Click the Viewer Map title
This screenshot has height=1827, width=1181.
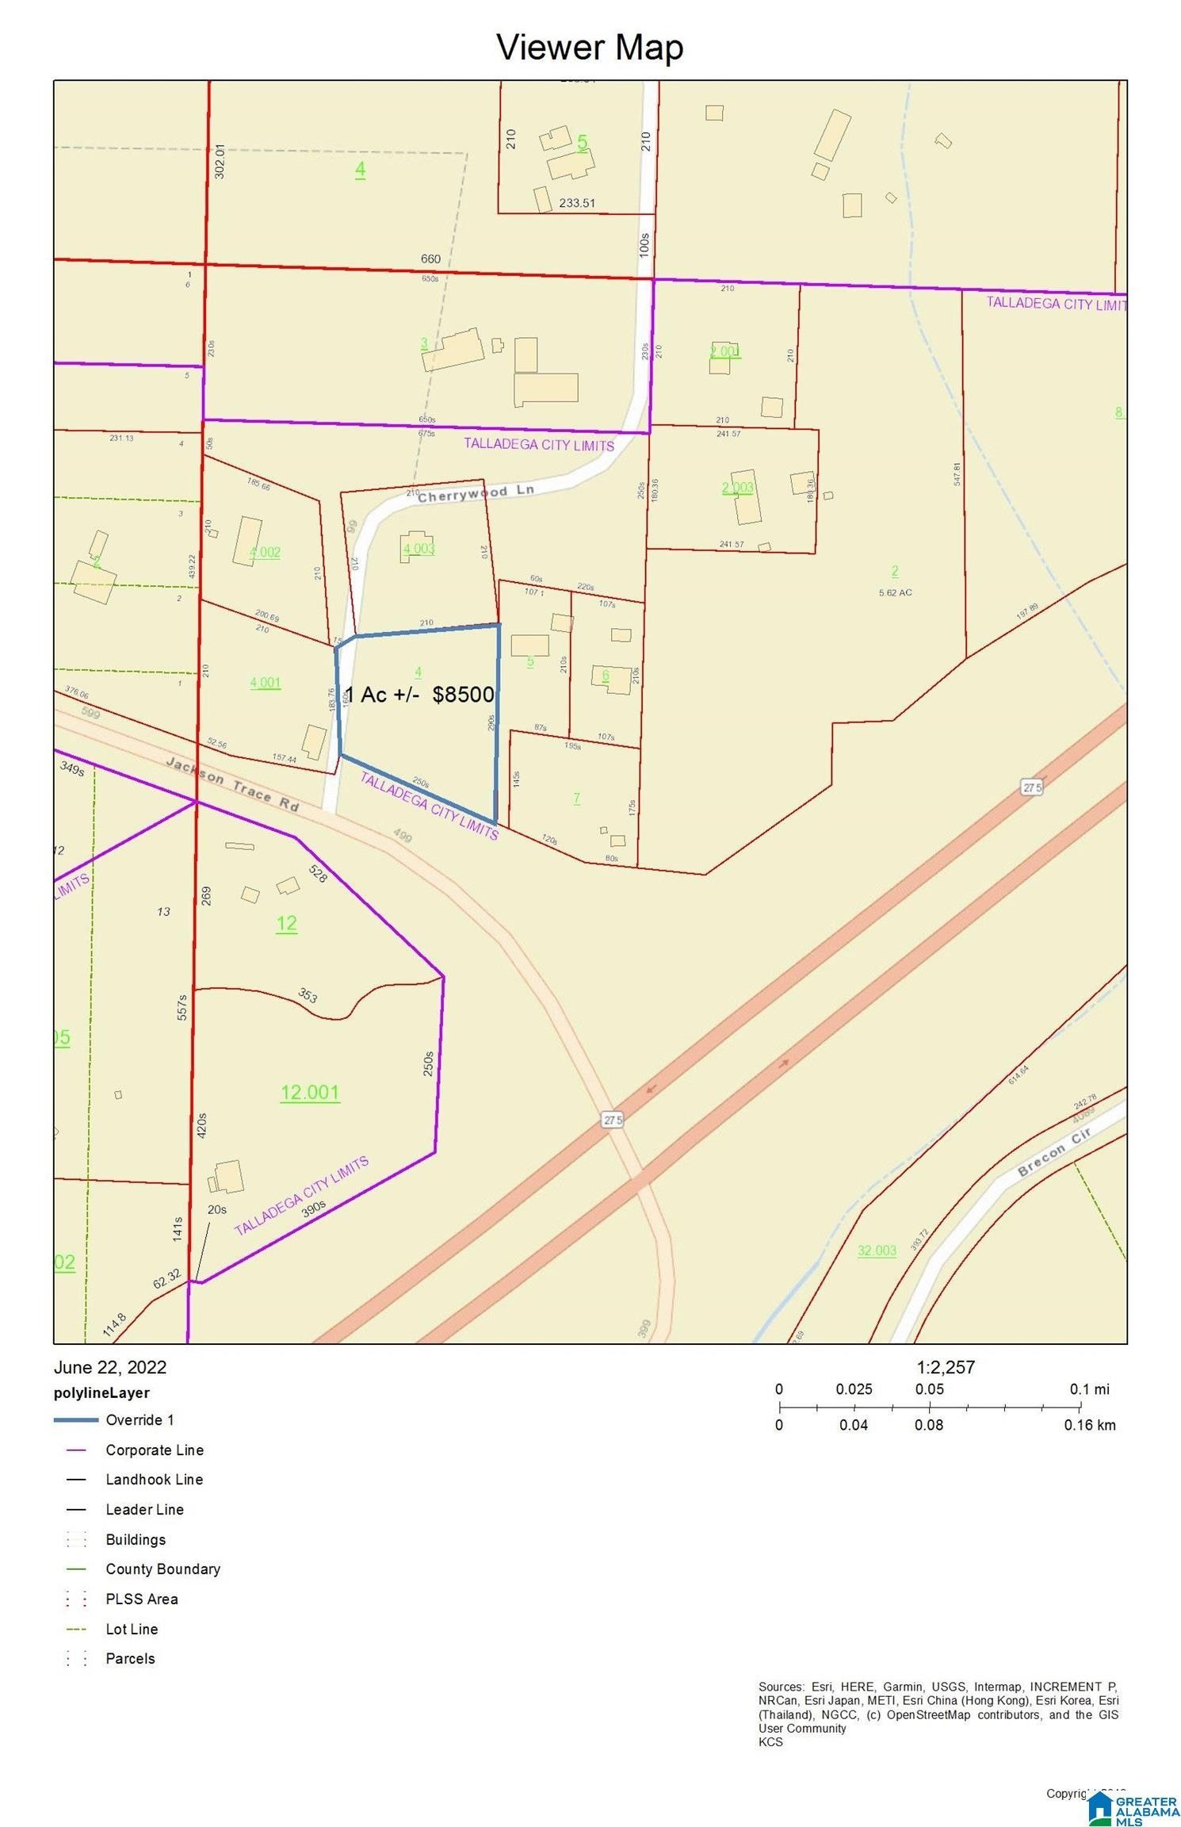[590, 47]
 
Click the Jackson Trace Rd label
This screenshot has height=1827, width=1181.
[232, 783]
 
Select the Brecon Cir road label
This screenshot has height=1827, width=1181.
[1054, 1151]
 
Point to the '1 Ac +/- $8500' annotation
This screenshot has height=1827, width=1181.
[421, 695]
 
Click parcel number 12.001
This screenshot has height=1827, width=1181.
[310, 1092]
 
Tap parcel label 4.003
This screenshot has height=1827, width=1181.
[419, 548]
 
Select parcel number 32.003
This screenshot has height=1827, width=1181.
[877, 1251]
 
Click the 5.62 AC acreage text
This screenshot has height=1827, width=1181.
[895, 592]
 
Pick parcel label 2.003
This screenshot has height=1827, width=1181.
[737, 488]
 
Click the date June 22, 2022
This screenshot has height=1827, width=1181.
[110, 1366]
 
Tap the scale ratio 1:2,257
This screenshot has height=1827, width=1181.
[946, 1366]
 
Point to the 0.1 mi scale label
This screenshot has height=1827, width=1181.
[1090, 1388]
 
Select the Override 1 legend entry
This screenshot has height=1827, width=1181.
[140, 1419]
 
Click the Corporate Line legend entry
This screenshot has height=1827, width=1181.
[155, 1450]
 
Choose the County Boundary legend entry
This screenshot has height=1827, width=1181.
[162, 1568]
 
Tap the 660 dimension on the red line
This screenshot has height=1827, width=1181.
[430, 259]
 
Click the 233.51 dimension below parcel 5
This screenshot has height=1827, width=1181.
[577, 203]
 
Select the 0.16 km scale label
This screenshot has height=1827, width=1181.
[1090, 1425]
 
